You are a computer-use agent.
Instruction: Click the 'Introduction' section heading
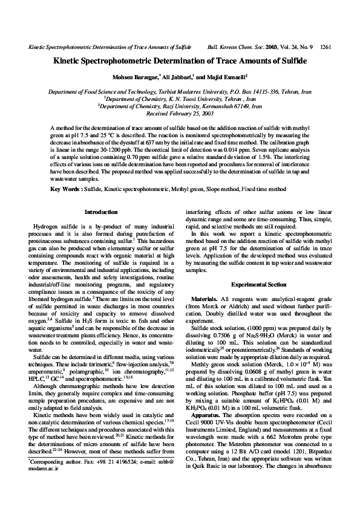(x=101, y=212)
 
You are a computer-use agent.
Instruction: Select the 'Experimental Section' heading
(x=260, y=285)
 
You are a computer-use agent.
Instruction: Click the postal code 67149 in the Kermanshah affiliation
(x=235, y=106)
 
